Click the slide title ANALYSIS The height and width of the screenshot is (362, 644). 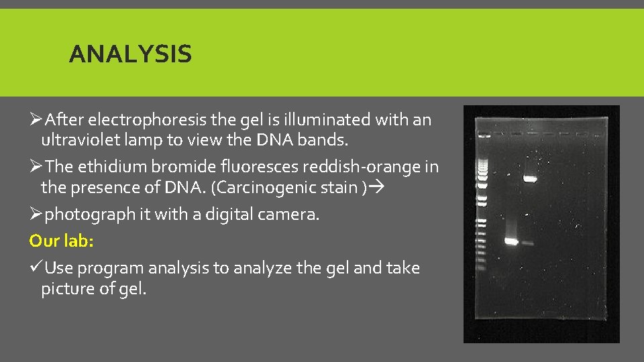point(129,54)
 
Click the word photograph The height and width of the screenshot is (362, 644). point(85,215)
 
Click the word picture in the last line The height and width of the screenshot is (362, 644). point(66,290)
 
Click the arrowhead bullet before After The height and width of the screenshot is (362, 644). point(36,120)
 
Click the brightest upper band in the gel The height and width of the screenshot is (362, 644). point(531,179)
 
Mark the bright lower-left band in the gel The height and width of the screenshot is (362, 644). point(511,241)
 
